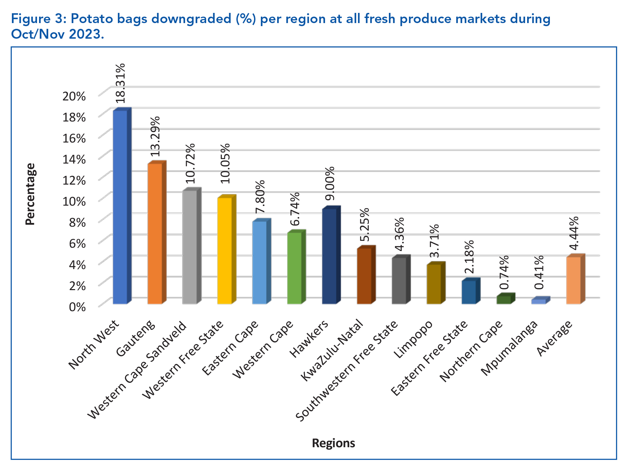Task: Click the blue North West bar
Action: [x=120, y=207]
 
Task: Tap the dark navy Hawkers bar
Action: [x=329, y=256]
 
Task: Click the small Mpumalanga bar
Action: [x=538, y=301]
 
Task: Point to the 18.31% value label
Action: [x=120, y=83]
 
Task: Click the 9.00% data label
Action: [x=329, y=184]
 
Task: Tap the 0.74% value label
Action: [x=504, y=272]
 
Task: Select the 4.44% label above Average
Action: [x=574, y=233]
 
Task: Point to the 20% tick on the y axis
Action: [x=74, y=96]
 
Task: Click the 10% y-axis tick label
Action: [x=74, y=201]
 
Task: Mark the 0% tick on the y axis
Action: [x=77, y=307]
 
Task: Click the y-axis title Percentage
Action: [x=31, y=194]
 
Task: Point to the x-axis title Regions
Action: [x=333, y=443]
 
